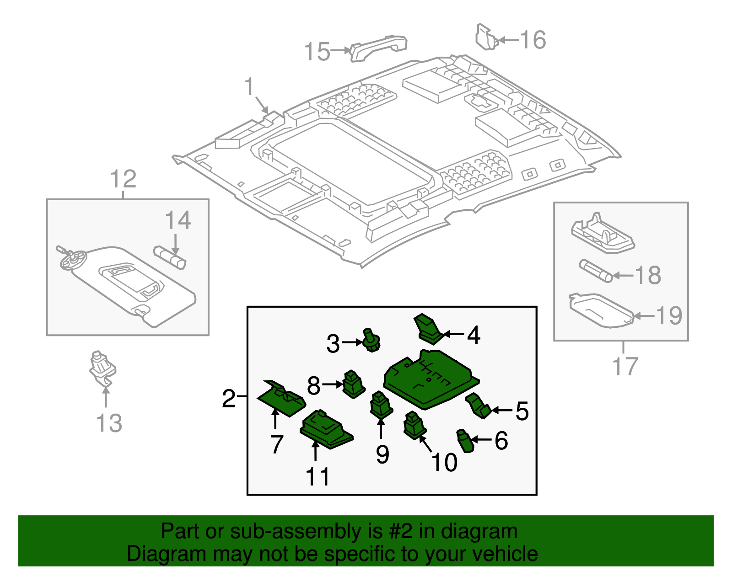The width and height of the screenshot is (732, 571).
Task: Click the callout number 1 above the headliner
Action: click(249, 87)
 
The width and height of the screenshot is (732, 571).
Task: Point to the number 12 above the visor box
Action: click(124, 179)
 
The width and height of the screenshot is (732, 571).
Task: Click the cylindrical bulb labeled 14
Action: click(170, 257)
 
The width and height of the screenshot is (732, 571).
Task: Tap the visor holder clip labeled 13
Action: click(102, 368)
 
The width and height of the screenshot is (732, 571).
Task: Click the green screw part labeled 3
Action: click(371, 341)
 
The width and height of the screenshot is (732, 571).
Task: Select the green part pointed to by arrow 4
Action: click(427, 329)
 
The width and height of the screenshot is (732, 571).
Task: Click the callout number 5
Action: click(522, 411)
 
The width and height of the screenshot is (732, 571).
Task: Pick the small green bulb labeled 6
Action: click(465, 441)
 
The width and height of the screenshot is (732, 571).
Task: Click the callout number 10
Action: click(443, 462)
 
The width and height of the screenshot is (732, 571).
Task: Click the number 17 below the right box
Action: click(625, 366)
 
